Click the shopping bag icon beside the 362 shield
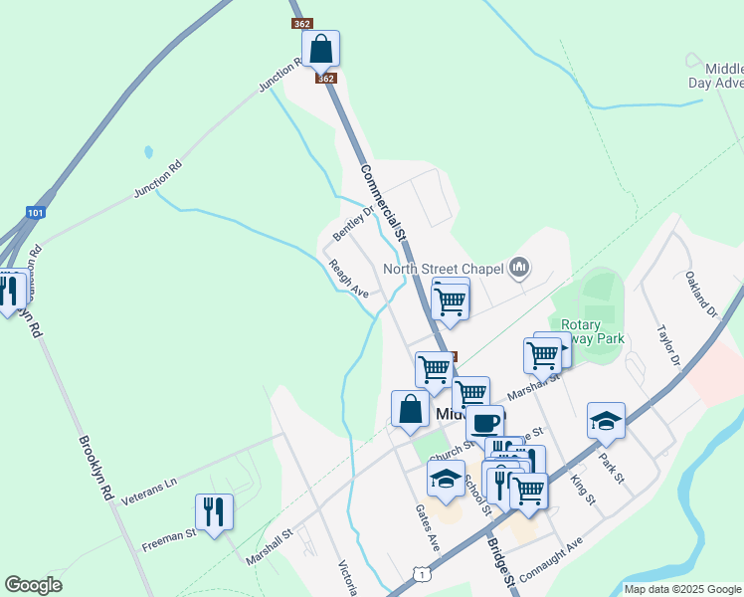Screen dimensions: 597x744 [321, 49]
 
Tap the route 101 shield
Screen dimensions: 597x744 [36, 212]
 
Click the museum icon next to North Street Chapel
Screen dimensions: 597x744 [518, 267]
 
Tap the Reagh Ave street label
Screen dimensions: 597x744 [349, 279]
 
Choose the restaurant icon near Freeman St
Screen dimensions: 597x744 [214, 512]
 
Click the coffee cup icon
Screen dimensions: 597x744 [484, 422]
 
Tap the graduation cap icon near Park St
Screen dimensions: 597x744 [605, 421]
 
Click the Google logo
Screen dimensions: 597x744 [32, 585]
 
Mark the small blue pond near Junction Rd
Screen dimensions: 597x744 [148, 152]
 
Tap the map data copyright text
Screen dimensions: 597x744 [681, 589]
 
